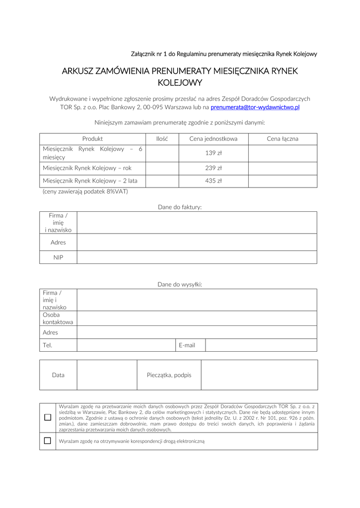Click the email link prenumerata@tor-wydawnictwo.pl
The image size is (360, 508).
click(x=255, y=107)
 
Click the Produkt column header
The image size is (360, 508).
click(x=92, y=139)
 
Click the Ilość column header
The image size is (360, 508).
click(x=162, y=139)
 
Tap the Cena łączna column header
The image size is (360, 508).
click(x=283, y=139)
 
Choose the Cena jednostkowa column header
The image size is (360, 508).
click(x=214, y=139)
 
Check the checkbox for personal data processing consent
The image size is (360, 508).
click(x=48, y=417)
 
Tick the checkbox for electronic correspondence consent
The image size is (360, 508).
click(x=48, y=441)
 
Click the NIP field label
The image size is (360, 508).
click(x=58, y=257)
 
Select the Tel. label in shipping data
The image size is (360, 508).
click(x=48, y=345)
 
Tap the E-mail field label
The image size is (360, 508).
click(x=187, y=345)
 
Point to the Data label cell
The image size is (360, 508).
click(x=58, y=375)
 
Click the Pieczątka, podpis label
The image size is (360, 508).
click(x=169, y=375)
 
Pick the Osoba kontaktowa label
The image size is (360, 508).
click(x=58, y=318)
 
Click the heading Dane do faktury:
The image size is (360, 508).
click(x=180, y=207)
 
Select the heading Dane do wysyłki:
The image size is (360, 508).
click(x=180, y=285)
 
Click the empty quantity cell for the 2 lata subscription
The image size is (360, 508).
click(x=162, y=181)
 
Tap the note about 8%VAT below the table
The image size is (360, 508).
click(x=85, y=191)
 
